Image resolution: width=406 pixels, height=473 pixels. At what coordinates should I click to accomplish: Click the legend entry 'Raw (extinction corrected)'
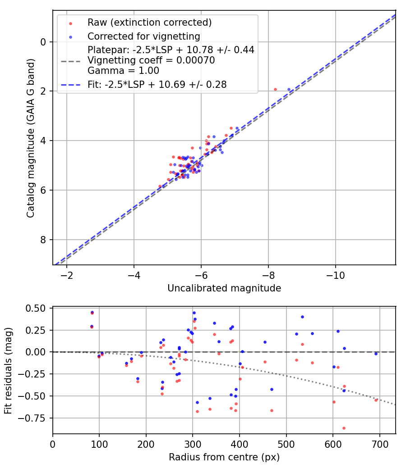[149, 23]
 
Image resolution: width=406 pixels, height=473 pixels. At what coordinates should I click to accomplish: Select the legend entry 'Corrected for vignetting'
[143, 36]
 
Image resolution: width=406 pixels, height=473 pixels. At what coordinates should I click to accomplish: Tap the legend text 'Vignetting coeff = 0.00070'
[151, 60]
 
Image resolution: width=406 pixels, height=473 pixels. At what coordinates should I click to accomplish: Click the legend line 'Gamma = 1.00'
[123, 71]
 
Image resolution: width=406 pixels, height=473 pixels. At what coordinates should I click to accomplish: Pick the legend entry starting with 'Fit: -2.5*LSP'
[157, 84]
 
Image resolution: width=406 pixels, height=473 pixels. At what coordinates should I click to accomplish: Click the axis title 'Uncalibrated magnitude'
[224, 288]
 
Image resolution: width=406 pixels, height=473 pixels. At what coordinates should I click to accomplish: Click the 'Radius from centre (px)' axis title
[224, 457]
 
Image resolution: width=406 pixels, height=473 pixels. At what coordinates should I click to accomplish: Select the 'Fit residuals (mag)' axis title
[9, 371]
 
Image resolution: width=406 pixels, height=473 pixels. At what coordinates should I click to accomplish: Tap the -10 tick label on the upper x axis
[335, 275]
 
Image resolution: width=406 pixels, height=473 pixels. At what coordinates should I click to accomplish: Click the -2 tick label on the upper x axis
[67, 275]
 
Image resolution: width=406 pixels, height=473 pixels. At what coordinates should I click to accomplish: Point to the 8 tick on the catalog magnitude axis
[43, 240]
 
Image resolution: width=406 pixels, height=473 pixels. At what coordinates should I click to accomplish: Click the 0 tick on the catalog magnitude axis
[43, 42]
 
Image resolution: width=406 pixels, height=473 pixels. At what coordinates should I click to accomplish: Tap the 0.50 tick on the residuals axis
[36, 308]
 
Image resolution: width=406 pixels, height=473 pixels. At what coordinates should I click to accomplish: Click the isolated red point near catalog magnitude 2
[276, 90]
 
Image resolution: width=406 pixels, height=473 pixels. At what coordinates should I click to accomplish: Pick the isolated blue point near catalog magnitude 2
[289, 90]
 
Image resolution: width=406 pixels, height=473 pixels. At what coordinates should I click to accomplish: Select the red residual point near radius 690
[376, 400]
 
